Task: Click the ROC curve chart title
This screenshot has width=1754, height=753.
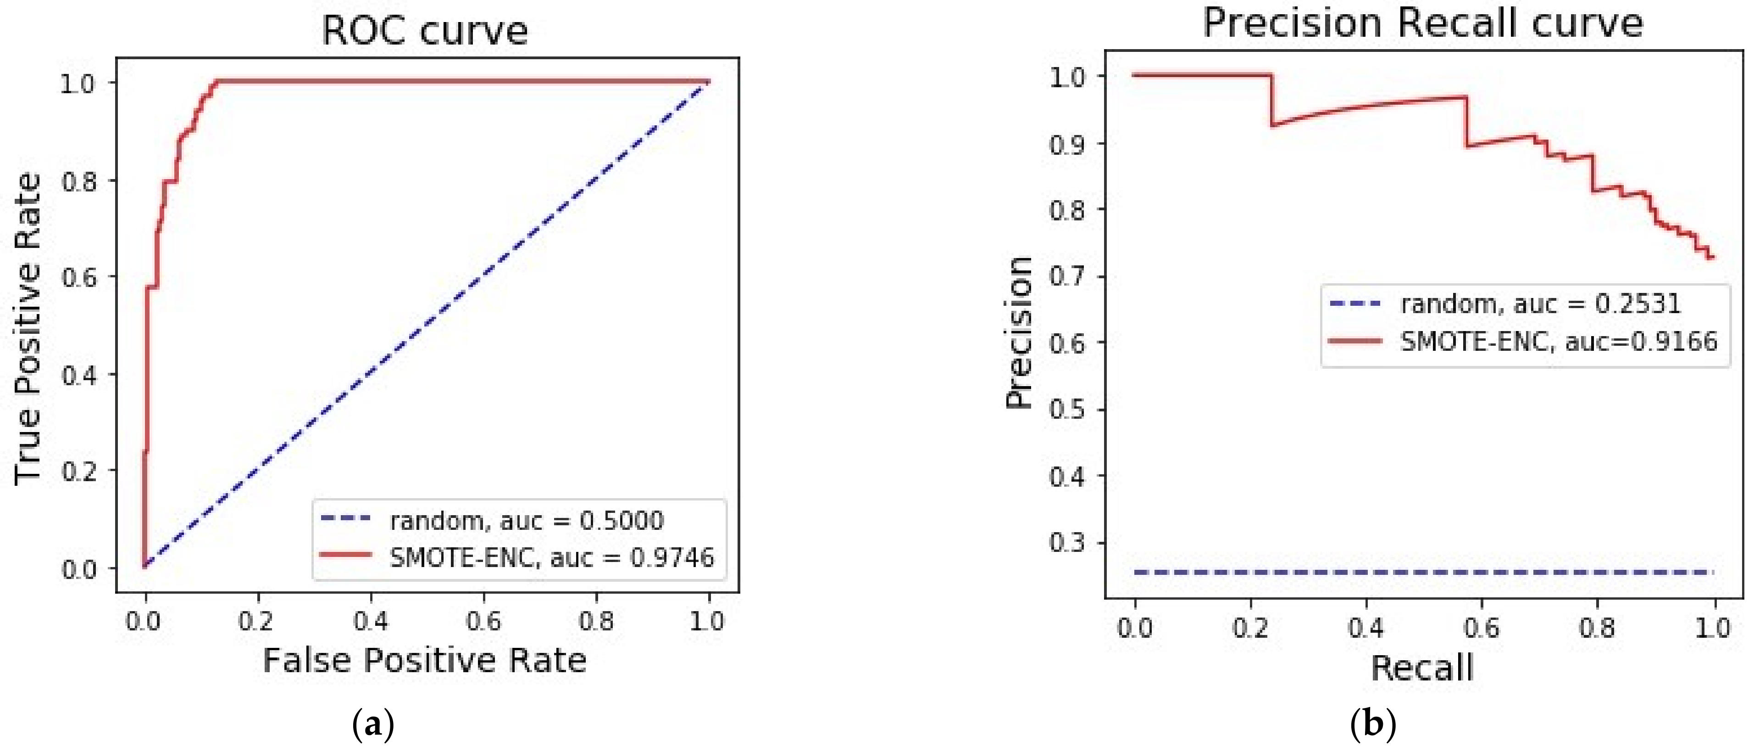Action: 424,31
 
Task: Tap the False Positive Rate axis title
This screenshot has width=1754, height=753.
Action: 424,660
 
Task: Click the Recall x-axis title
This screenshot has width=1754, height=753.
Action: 1422,668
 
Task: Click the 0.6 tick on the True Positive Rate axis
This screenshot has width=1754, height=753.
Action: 79,277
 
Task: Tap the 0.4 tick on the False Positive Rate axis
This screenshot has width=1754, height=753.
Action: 371,621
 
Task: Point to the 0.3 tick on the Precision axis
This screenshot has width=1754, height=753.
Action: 1066,542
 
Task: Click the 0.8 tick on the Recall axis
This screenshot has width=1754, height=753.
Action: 1597,627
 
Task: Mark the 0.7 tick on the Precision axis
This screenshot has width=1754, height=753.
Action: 1066,276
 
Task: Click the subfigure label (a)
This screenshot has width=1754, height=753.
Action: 373,725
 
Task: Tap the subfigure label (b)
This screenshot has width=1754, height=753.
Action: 1373,725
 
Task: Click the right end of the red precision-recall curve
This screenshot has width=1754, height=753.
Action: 1712,258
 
